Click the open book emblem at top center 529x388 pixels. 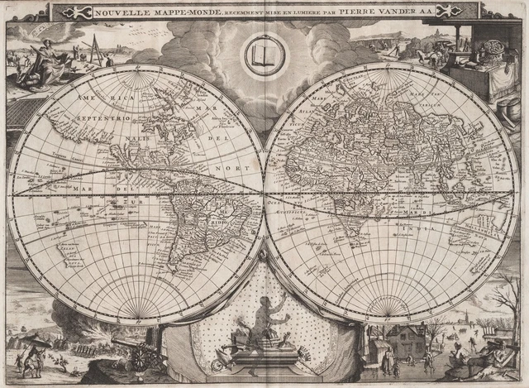264,55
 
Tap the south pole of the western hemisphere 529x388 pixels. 136,318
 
